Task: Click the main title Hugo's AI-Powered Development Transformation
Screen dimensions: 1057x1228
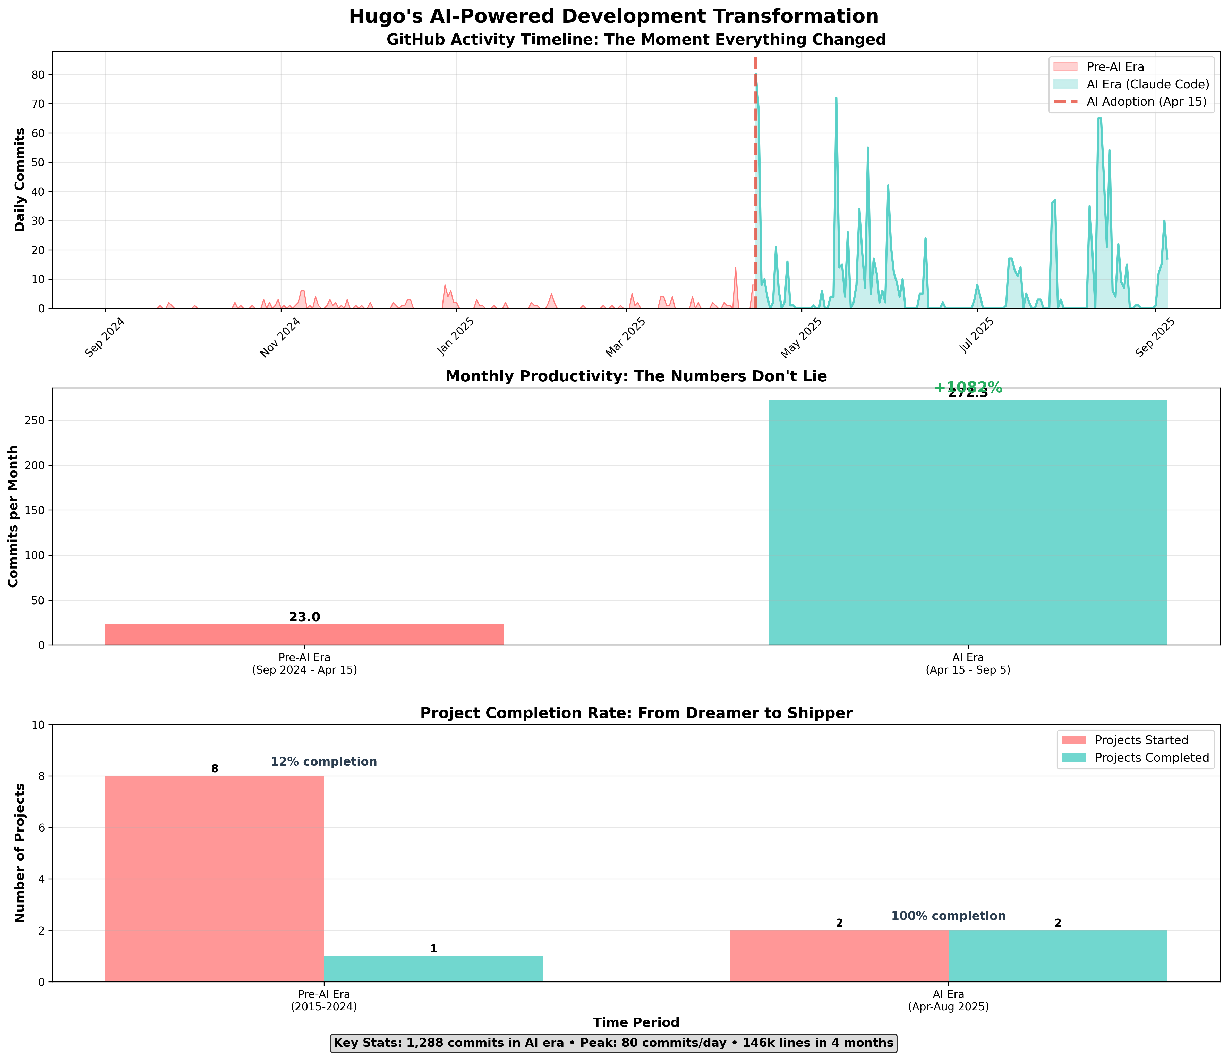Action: pyautogui.click(x=613, y=16)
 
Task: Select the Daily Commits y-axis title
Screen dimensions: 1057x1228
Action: pyautogui.click(x=20, y=180)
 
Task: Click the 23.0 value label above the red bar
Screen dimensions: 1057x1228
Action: pyautogui.click(x=304, y=617)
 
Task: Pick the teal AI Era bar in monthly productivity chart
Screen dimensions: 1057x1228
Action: pyautogui.click(x=968, y=522)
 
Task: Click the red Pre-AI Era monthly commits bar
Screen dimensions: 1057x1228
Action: pyautogui.click(x=304, y=634)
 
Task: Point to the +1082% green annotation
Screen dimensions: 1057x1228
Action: pyautogui.click(x=968, y=388)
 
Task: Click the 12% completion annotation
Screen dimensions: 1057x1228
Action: pyautogui.click(x=323, y=762)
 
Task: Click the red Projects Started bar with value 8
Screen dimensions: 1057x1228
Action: pyautogui.click(x=215, y=877)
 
